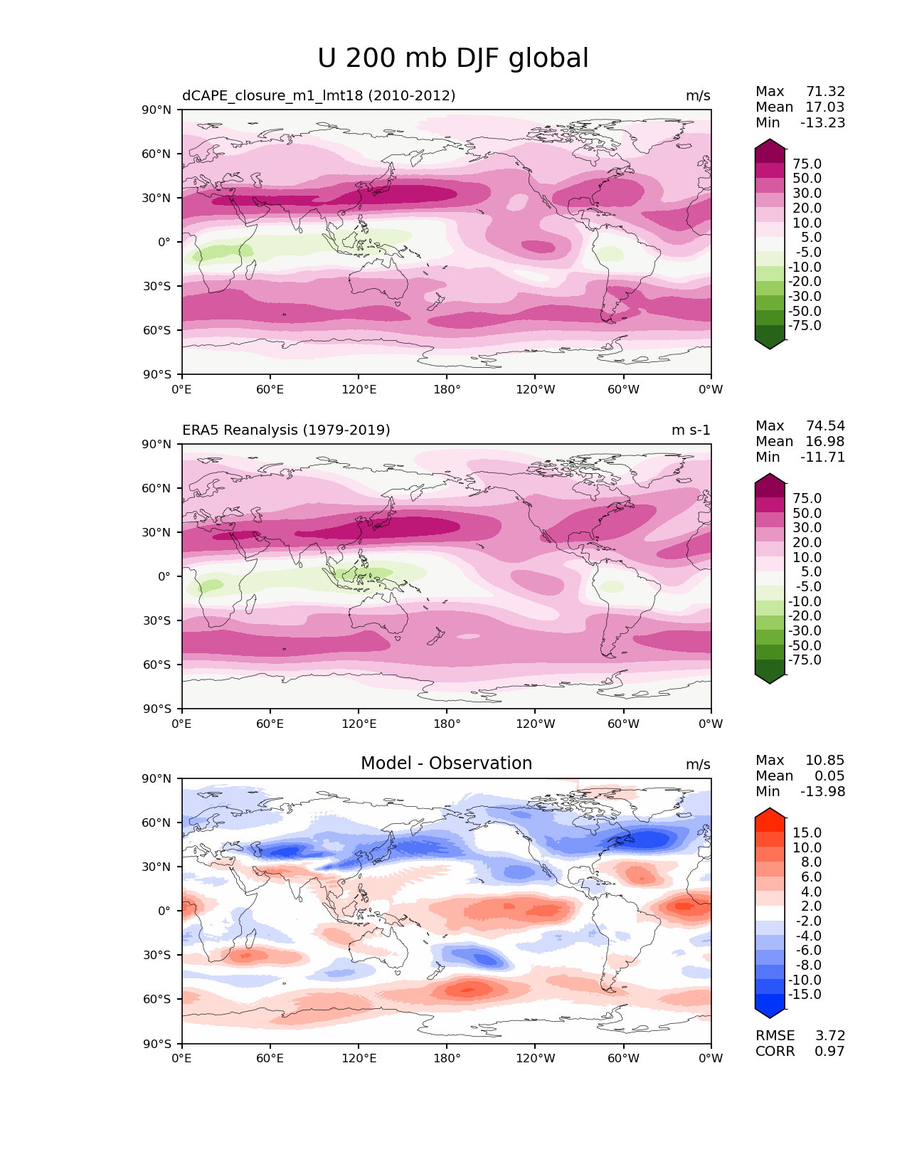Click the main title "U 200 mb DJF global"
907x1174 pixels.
pos(452,58)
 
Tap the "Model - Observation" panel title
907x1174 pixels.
pos(446,763)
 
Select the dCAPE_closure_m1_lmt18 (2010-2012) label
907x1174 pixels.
pos(319,95)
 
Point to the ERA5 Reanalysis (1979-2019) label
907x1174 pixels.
pos(286,430)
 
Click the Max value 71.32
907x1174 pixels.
pos(825,91)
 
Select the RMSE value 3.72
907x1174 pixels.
pos(829,1035)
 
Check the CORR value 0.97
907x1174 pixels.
pos(829,1051)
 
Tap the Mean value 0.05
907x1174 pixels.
pos(829,776)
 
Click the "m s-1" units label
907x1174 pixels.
pos(690,430)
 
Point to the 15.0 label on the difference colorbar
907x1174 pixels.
pos(807,832)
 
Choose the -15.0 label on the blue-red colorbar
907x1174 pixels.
pos(805,994)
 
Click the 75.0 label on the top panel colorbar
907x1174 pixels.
pos(807,164)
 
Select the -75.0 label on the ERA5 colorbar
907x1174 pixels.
pos(805,660)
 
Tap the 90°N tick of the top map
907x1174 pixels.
pos(156,110)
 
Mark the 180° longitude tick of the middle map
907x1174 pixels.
pos(447,724)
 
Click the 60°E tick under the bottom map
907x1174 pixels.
pos(270,1059)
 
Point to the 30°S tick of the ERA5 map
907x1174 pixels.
pos(156,620)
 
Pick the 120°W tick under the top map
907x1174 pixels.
pos(535,389)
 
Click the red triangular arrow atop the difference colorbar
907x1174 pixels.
pos(769,813)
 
